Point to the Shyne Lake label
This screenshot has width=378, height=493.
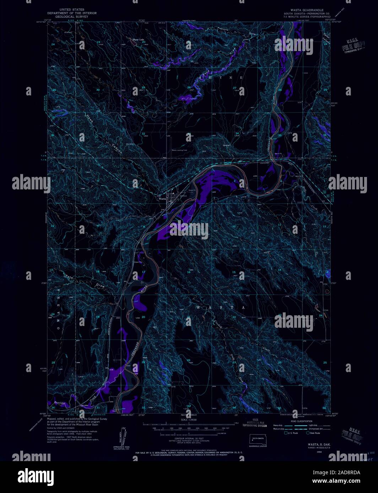click(138, 39)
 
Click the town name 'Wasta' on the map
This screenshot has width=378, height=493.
click(162, 199)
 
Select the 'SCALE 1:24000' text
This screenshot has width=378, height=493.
click(189, 420)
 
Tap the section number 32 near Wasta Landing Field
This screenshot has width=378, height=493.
click(144, 134)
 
